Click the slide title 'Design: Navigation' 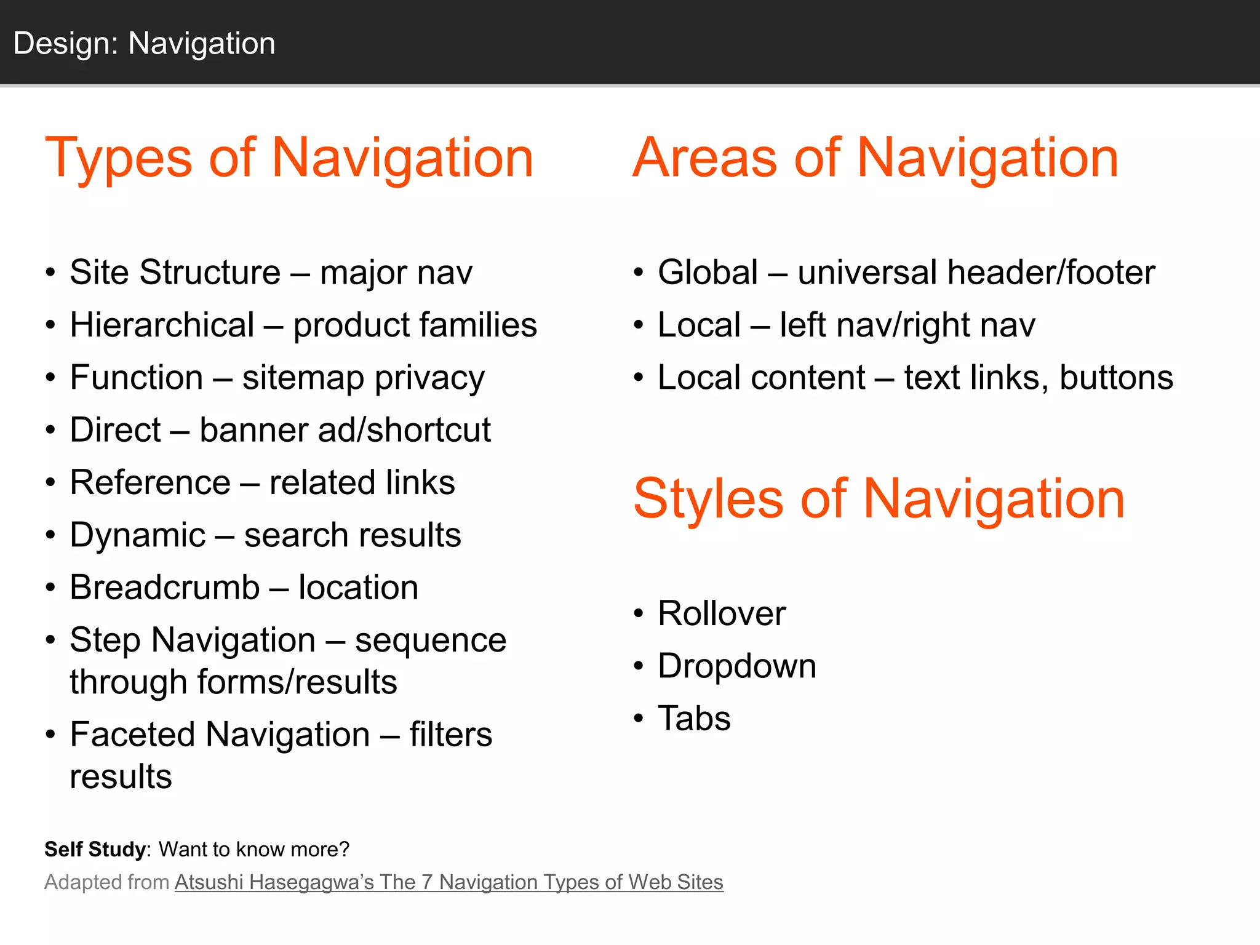(x=144, y=44)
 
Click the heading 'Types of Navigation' (x=289, y=158)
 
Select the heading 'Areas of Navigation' (x=875, y=158)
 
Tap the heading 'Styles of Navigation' (x=879, y=499)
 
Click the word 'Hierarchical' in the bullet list (x=162, y=325)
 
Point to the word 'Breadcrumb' (x=164, y=588)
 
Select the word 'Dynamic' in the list (x=137, y=535)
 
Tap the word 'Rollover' (x=721, y=613)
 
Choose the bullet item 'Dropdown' (x=736, y=666)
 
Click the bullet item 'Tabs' (x=694, y=719)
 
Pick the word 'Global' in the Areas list (x=708, y=273)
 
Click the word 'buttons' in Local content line (x=1116, y=378)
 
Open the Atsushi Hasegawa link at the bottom (x=449, y=882)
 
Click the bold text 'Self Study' (x=95, y=850)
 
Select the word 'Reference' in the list (x=150, y=482)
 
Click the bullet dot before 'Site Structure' (x=50, y=273)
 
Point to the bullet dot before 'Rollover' (x=639, y=613)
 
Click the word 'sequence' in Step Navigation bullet (x=431, y=641)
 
